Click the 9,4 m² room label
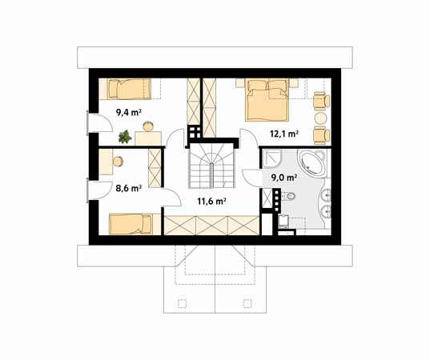click(128, 113)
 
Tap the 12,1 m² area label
click(284, 134)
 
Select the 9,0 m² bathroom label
click(283, 178)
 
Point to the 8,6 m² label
click(128, 189)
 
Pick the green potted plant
click(124, 137)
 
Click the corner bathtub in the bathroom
click(313, 163)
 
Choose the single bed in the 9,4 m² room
click(128, 88)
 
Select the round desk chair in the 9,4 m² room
click(149, 125)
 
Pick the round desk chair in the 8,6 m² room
click(117, 161)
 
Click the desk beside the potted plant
click(149, 138)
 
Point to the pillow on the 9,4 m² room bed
click(115, 87)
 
